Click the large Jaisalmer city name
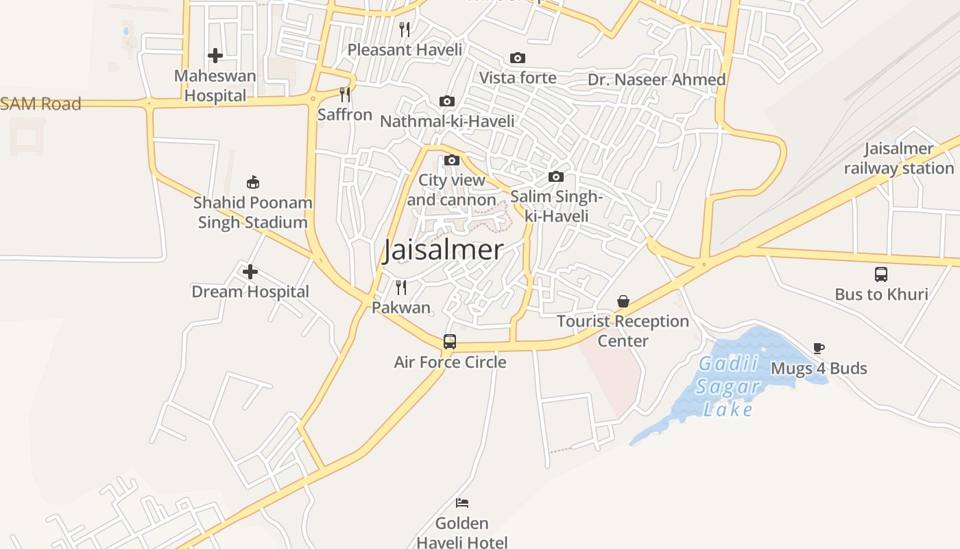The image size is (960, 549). tap(443, 250)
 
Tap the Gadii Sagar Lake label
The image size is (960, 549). tap(728, 386)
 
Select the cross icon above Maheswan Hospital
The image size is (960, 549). tap(215, 55)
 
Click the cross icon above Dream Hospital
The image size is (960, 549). tap(250, 272)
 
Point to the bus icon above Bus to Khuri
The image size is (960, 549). tap(881, 274)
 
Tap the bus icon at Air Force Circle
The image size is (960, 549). tap(450, 341)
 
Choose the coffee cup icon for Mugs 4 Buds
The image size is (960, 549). tap(818, 348)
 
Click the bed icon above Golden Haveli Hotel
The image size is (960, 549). tap(462, 503)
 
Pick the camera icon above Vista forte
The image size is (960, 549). tap(518, 58)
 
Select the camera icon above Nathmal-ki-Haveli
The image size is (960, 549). tap(447, 102)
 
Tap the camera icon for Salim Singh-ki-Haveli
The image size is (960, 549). tap(556, 177)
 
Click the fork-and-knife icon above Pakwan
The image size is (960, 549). tap(401, 287)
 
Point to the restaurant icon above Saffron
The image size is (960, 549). tap(345, 95)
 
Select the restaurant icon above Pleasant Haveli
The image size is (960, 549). tap(405, 29)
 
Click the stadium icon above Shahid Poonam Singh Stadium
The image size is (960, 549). tap(253, 182)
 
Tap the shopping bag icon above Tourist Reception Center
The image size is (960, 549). tap(623, 301)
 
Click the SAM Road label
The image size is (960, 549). tap(41, 104)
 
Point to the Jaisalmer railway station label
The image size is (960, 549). tap(898, 158)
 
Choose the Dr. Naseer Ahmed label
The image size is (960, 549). tap(656, 80)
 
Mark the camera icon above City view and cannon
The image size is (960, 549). tap(452, 161)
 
